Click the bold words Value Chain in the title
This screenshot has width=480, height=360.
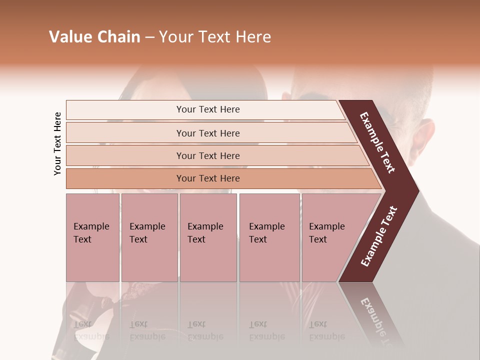click(94, 37)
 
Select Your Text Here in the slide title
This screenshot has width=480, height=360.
click(215, 37)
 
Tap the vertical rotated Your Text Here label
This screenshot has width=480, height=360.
click(57, 143)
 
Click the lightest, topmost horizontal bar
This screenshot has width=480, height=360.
click(207, 109)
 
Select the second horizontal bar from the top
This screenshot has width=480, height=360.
click(207, 133)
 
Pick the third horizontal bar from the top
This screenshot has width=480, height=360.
click(207, 155)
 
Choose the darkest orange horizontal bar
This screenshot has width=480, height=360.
click(207, 178)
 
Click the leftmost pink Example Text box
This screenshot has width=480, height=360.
click(92, 237)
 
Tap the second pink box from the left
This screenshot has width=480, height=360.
click(149, 237)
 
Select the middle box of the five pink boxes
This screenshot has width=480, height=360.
click(208, 237)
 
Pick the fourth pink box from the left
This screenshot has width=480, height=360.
click(269, 237)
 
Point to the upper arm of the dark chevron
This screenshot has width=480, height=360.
click(378, 142)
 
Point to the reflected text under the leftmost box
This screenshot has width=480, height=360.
click(91, 330)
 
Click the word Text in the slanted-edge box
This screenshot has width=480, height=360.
click(318, 239)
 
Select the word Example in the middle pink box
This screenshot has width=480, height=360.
click(205, 226)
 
